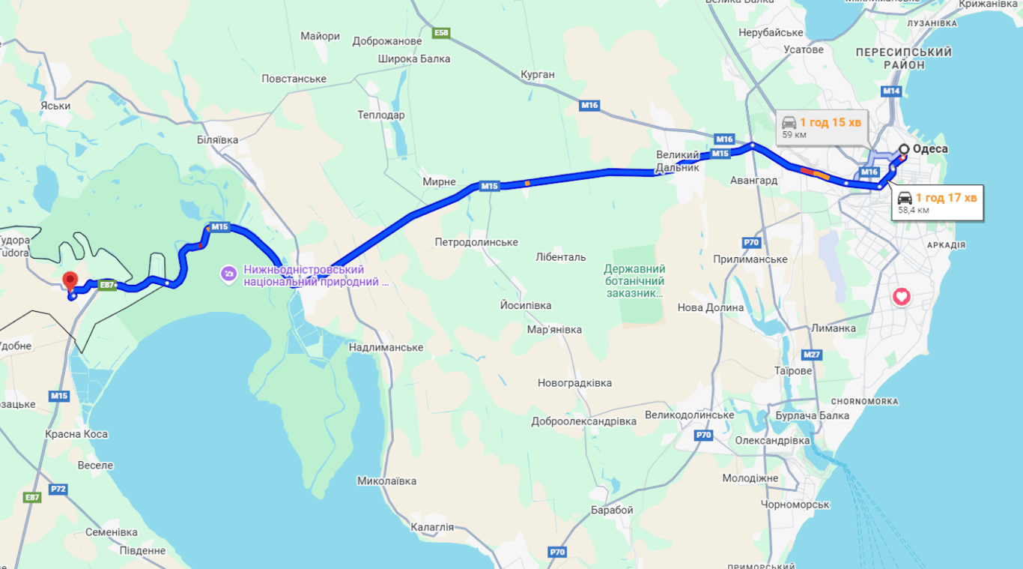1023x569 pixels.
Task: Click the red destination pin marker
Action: [70, 281]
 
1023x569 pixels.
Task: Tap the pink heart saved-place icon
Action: [901, 297]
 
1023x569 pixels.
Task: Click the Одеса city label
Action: [929, 148]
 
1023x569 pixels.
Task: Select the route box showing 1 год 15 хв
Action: [822, 128]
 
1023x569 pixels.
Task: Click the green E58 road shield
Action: [441, 33]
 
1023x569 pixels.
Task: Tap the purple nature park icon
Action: [228, 274]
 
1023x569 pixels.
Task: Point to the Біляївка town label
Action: [217, 139]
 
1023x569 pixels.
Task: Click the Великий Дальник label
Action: [678, 161]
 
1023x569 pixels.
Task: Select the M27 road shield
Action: [811, 354]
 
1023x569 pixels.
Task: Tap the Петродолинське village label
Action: [476, 242]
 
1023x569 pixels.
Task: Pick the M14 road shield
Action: [891, 91]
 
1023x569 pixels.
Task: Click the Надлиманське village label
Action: [386, 347]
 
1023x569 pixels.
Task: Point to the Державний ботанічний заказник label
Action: [634, 280]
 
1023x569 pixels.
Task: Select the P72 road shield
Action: [58, 489]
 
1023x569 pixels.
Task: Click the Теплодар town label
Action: [380, 115]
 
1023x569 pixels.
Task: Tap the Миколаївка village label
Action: [386, 481]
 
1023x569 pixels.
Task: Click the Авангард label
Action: [753, 180]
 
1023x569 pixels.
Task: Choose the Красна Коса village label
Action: [76, 434]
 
